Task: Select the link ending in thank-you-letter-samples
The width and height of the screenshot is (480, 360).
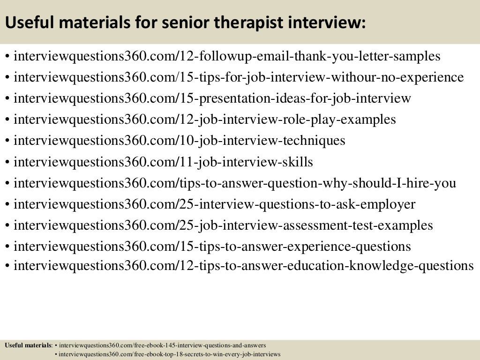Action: click(227, 57)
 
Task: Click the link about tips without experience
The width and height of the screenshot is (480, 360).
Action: click(239, 77)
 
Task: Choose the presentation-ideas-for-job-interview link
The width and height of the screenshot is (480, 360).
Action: click(212, 98)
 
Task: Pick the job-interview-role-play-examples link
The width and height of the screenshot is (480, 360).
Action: click(205, 120)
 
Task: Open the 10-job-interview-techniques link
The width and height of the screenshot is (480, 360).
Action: click(180, 141)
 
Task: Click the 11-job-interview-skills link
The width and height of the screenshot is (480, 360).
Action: click(163, 162)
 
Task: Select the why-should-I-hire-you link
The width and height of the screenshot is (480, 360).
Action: click(235, 183)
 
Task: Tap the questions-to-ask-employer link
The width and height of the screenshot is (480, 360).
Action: click(215, 204)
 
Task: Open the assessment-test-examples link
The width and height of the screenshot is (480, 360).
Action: click(223, 225)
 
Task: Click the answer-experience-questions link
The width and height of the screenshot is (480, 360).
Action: click(212, 247)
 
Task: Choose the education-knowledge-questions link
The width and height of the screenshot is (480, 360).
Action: click(244, 266)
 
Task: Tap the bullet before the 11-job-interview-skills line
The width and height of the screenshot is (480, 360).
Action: click(8, 163)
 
